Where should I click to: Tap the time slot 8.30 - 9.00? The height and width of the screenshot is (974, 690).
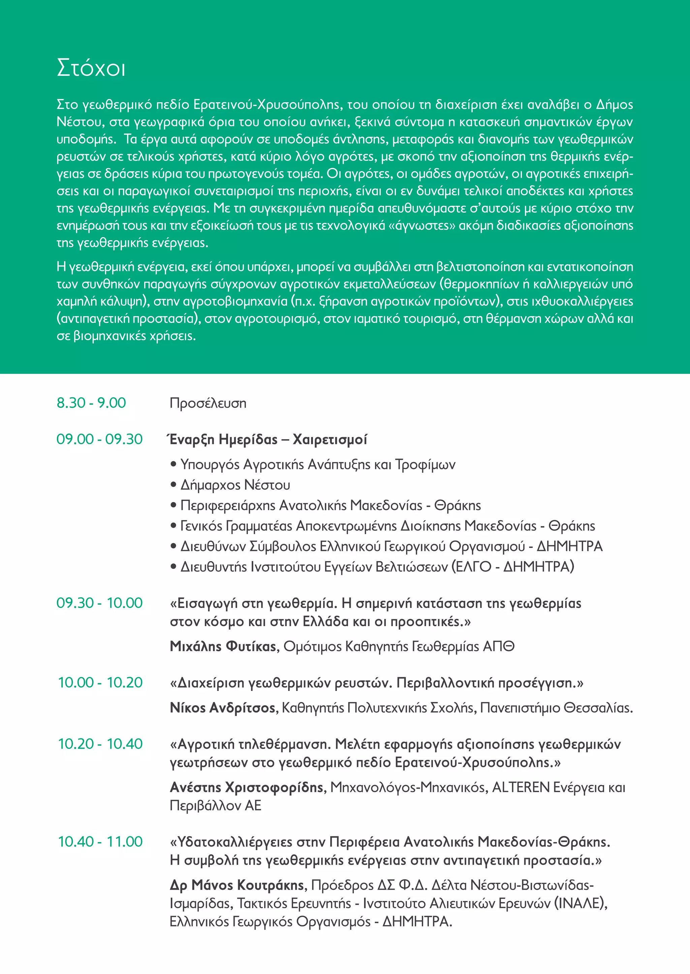(91, 403)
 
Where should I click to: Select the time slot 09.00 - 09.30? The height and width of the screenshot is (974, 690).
(99, 439)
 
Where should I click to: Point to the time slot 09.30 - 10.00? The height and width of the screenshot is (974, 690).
(99, 603)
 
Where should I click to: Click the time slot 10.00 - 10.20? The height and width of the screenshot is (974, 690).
(100, 683)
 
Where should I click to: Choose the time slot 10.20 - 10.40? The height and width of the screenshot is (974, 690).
(100, 744)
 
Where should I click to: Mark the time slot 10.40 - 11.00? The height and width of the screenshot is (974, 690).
(100, 842)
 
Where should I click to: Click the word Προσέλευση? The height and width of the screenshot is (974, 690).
(208, 403)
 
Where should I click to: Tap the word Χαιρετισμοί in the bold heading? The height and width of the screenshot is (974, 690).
(330, 439)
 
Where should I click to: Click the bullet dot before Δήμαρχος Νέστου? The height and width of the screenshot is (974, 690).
(174, 484)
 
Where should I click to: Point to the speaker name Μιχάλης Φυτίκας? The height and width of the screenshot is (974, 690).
(223, 646)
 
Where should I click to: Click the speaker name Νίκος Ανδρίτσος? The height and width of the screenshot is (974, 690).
(223, 708)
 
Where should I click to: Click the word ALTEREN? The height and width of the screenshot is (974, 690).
(521, 787)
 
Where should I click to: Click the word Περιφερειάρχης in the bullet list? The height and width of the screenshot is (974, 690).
(228, 505)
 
